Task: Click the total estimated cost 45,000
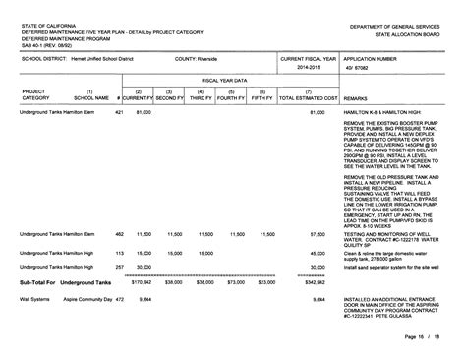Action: pyautogui.click(x=318, y=252)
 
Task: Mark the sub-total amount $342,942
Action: pyautogui.click(x=316, y=281)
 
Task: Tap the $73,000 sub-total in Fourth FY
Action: pyautogui.click(x=236, y=281)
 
